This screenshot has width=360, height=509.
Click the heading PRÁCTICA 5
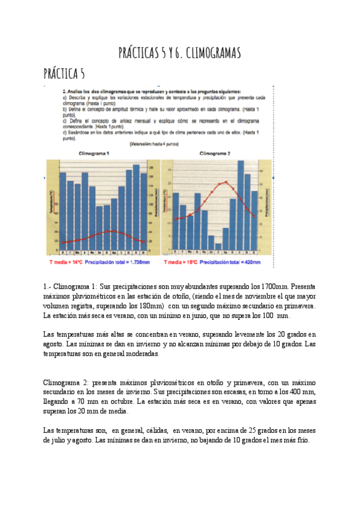[x=64, y=74]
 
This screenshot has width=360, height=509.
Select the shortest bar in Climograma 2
[x=218, y=246]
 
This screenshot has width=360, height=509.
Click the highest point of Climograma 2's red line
[x=226, y=182]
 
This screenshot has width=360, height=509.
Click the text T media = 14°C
[x=65, y=262]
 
